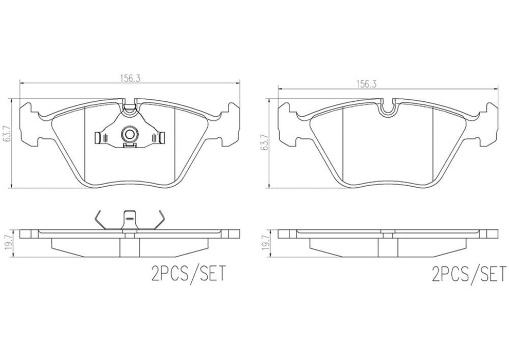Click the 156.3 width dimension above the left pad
pyautogui.click(x=130, y=78)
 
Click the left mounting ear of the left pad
pyautogui.click(x=29, y=123)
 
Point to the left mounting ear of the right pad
pyautogui.click(x=287, y=123)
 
